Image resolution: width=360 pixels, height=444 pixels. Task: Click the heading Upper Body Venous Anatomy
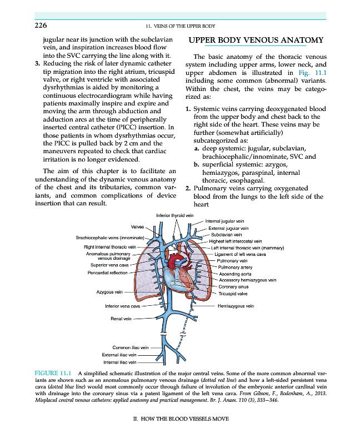coord(256,41)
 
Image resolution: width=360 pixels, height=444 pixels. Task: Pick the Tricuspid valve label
coord(233,294)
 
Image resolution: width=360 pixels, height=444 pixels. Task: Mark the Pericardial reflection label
coord(108,273)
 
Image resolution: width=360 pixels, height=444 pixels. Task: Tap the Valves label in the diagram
coord(137,227)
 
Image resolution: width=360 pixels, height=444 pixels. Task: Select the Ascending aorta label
coord(236,274)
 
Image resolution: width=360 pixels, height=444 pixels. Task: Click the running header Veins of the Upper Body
coord(180,26)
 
